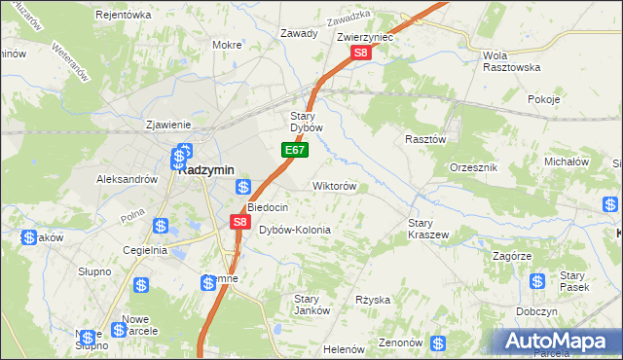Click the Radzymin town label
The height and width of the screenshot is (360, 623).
pyautogui.click(x=206, y=169)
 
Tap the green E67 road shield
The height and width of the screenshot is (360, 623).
pyautogui.click(x=297, y=151)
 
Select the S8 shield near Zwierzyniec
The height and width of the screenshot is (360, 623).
pyautogui.click(x=361, y=54)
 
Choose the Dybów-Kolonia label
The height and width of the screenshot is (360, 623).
pyautogui.click(x=295, y=230)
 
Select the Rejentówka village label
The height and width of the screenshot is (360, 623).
pyautogui.click(x=124, y=15)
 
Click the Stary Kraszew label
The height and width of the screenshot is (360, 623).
pyautogui.click(x=426, y=229)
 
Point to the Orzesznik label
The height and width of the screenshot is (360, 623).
pyautogui.click(x=474, y=168)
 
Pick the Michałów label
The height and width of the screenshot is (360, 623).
pyautogui.click(x=567, y=161)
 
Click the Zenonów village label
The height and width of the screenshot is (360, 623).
pyautogui.click(x=400, y=342)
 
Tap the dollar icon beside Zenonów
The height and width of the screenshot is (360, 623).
pyautogui.click(x=438, y=343)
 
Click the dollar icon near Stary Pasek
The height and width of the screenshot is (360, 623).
pyautogui.click(x=536, y=281)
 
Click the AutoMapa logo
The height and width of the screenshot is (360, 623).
pyautogui.click(x=558, y=341)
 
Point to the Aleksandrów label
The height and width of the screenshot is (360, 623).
pyautogui.click(x=127, y=179)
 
